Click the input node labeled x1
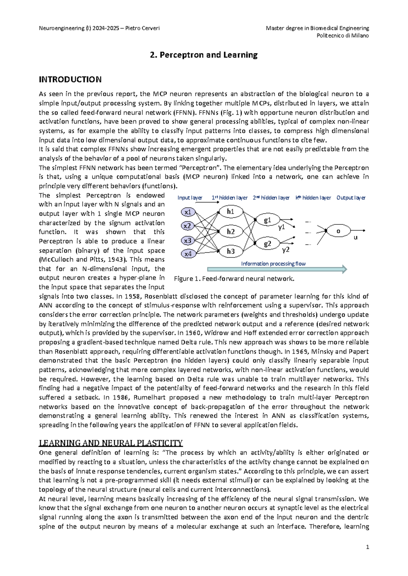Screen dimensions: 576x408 pyautogui.click(x=188, y=212)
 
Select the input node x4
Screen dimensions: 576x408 pyautogui.click(x=188, y=254)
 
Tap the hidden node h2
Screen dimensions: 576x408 pyautogui.click(x=231, y=232)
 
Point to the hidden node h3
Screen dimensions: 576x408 pyautogui.click(x=231, y=251)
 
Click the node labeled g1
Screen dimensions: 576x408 pyautogui.click(x=268, y=220)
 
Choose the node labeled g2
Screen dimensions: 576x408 pyautogui.click(x=268, y=244)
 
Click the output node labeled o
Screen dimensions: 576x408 pyautogui.click(x=338, y=231)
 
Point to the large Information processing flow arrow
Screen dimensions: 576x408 pyautogui.click(x=277, y=270)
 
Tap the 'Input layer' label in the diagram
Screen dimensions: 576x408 pyautogui.click(x=190, y=198)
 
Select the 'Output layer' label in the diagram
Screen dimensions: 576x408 pyautogui.click(x=351, y=198)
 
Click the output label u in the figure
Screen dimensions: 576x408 pyautogui.click(x=356, y=238)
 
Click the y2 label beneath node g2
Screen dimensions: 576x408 pyautogui.click(x=286, y=250)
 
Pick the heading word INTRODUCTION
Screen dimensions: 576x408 pyautogui.click(x=70, y=79)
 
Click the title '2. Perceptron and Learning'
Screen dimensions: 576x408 pyautogui.click(x=204, y=55)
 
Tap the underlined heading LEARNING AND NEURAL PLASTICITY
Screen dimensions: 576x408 pyautogui.click(x=111, y=443)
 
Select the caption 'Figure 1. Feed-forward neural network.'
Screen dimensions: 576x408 pyautogui.click(x=234, y=279)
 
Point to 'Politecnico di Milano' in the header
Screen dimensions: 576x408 pyautogui.click(x=342, y=36)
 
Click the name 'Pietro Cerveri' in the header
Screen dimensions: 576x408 pyautogui.click(x=142, y=28)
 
